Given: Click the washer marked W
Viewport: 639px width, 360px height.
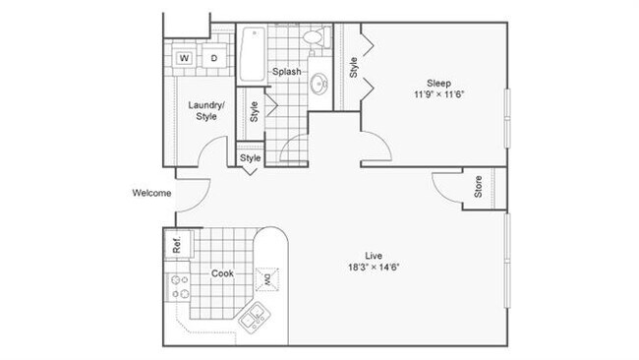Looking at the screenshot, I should [x=184, y=58].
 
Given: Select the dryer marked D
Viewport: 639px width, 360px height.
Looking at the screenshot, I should [x=213, y=58].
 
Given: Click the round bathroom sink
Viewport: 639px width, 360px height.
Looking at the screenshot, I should [x=319, y=86].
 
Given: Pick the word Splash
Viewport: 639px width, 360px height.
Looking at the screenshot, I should [x=286, y=72].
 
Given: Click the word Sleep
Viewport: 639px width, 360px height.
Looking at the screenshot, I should [x=438, y=82].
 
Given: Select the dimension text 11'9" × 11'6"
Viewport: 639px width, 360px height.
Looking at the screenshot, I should [x=438, y=95].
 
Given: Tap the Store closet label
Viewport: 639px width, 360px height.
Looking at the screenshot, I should [x=479, y=188].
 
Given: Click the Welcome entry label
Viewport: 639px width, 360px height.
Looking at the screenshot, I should [x=152, y=193].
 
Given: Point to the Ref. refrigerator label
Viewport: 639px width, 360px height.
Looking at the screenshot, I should [x=178, y=243].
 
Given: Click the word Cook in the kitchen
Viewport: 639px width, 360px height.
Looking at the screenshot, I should [x=222, y=273].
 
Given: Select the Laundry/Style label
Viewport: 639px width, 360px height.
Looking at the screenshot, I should [x=206, y=109].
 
